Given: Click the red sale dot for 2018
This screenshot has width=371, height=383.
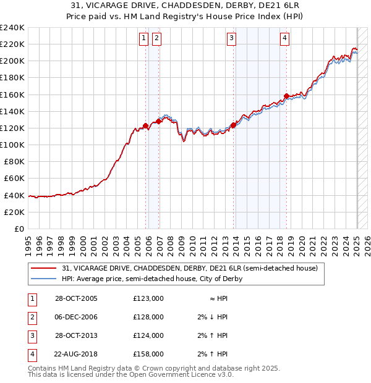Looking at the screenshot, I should click(x=286, y=96).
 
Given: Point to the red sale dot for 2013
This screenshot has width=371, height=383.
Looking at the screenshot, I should click(x=233, y=125).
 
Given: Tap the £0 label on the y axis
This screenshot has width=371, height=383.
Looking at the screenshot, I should click(x=19, y=229).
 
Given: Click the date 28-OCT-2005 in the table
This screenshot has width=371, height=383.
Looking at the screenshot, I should click(x=76, y=298).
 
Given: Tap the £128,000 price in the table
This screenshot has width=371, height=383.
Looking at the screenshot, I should click(x=148, y=317).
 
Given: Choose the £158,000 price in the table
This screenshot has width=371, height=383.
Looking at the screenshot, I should click(x=148, y=354).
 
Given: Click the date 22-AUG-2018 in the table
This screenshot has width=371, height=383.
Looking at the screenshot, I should click(x=76, y=354).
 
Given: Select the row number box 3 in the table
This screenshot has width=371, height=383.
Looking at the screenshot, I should click(x=32, y=335).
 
